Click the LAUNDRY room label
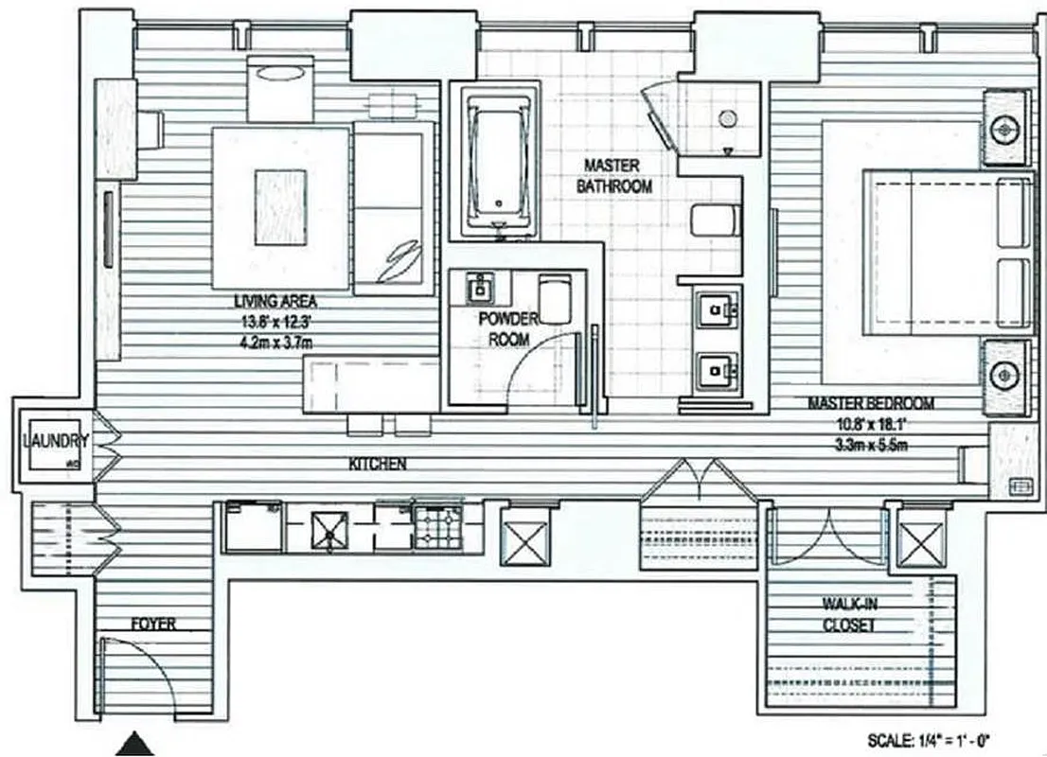pyautogui.click(x=57, y=441)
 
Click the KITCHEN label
pyautogui.click(x=378, y=465)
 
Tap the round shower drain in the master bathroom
pyautogui.click(x=728, y=119)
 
